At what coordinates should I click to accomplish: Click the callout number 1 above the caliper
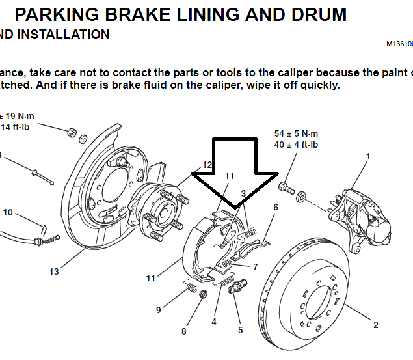pyautogui.click(x=368, y=156)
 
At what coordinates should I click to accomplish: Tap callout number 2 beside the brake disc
pyautogui.click(x=376, y=325)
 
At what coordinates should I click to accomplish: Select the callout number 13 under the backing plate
pyautogui.click(x=54, y=270)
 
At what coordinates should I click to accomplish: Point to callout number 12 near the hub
pyautogui.click(x=207, y=165)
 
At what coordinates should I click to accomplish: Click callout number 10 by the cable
pyautogui.click(x=8, y=212)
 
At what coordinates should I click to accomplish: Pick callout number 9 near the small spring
pyautogui.click(x=158, y=310)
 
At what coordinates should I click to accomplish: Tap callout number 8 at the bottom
pyautogui.click(x=184, y=331)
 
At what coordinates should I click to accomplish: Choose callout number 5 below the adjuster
pyautogui.click(x=240, y=330)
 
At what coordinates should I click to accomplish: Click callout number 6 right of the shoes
pyautogui.click(x=276, y=207)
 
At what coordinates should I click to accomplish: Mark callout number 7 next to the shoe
pyautogui.click(x=255, y=267)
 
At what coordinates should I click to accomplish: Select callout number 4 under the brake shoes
pyautogui.click(x=213, y=321)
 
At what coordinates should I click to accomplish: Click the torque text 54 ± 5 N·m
pyautogui.click(x=296, y=133)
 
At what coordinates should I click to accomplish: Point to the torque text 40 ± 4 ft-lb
pyautogui.click(x=296, y=145)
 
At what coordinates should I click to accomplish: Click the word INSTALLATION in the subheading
pyautogui.click(x=64, y=35)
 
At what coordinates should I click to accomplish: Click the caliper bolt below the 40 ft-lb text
pyautogui.click(x=284, y=187)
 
